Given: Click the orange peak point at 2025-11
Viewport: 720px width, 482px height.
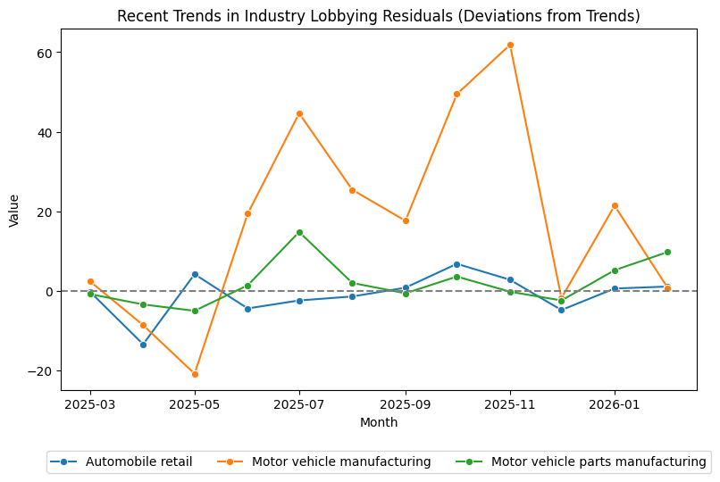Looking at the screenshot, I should pyautogui.click(x=510, y=45).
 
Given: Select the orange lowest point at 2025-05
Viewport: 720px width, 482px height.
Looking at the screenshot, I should pyautogui.click(x=195, y=374).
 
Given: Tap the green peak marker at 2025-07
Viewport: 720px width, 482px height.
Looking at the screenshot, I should pyautogui.click(x=299, y=232).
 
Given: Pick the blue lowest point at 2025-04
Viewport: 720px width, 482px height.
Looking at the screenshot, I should pyautogui.click(x=143, y=345).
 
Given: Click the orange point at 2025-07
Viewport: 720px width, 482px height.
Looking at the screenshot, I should pyautogui.click(x=299, y=113).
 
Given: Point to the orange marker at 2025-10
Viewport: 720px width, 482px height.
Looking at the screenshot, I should pyautogui.click(x=456, y=94).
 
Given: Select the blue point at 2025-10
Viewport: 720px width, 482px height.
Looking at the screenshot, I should pyautogui.click(x=456, y=264).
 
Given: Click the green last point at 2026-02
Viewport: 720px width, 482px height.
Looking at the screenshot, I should pyautogui.click(x=667, y=252).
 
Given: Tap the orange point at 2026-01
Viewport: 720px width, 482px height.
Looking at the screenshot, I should pyautogui.click(x=615, y=205).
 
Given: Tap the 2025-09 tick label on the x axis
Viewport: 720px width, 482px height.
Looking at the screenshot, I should pyautogui.click(x=405, y=404).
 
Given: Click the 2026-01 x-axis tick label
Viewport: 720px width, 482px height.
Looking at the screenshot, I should pyautogui.click(x=615, y=404).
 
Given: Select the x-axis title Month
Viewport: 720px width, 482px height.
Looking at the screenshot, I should pyautogui.click(x=379, y=423).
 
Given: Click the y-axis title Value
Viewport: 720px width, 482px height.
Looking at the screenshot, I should pyautogui.click(x=13, y=210).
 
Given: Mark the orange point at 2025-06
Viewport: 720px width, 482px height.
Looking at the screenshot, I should pyautogui.click(x=247, y=213).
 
